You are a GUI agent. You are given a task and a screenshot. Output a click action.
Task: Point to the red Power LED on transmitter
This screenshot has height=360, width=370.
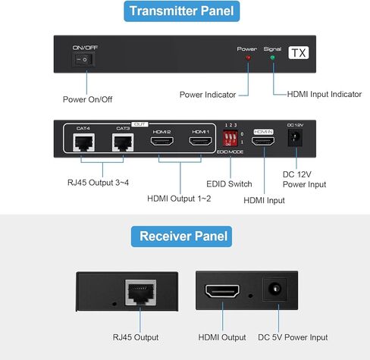pyautogui.click(x=247, y=58)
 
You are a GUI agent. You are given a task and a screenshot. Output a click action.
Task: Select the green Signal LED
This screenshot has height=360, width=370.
pyautogui.click(x=272, y=58)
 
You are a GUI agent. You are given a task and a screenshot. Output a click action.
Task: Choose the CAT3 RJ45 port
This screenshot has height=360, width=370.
pyautogui.click(x=122, y=141)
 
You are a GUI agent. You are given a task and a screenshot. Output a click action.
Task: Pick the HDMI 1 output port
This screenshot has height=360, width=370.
pyautogui.click(x=200, y=141)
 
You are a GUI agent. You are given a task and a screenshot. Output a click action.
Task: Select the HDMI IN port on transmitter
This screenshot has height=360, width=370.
pyautogui.click(x=263, y=141)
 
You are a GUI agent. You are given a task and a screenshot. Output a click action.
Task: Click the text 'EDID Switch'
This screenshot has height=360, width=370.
pyautogui.click(x=229, y=183)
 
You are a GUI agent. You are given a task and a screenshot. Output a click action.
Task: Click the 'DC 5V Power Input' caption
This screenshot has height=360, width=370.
pyautogui.click(x=293, y=337)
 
